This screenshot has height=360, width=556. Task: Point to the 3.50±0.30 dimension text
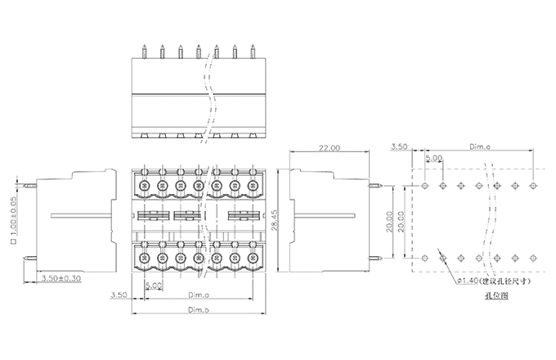coord(60,279)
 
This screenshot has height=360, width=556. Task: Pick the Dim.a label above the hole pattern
coord(481,147)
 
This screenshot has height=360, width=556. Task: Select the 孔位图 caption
coord(496,296)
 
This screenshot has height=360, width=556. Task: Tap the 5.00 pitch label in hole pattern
coord(433,158)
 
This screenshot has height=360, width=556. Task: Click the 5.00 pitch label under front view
coord(153,285)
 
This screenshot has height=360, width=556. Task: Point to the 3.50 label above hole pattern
coord(400,147)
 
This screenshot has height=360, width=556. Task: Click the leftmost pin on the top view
coord(143,52)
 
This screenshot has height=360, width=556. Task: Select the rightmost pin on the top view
coord(253,52)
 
